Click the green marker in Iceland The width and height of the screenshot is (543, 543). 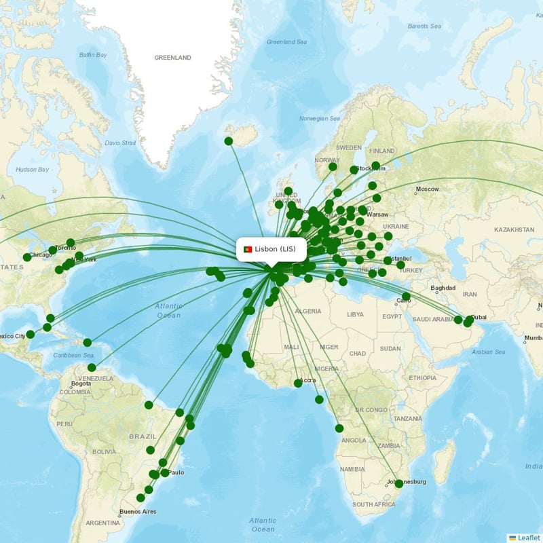coord(229,141)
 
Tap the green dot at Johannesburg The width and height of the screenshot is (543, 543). coord(399,484)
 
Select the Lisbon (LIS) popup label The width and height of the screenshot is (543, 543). coord(276,249)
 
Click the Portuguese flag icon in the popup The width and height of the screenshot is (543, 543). coord(248,249)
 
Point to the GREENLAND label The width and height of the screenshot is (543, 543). coord(172,58)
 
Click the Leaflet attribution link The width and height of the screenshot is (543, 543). coord(528,538)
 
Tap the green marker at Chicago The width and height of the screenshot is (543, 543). coord(27,257)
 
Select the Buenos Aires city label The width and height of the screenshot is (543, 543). coord(138,510)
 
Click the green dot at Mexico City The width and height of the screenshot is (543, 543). coord(31,334)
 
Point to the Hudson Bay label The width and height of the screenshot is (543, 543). coord(32,169)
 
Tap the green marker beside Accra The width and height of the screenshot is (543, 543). coord(298,383)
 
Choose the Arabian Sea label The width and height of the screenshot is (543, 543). coord(489,352)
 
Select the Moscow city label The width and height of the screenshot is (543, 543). coord(427,189)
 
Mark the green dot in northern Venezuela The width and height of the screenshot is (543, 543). coord(92,367)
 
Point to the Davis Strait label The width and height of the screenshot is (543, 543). coord(121,143)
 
